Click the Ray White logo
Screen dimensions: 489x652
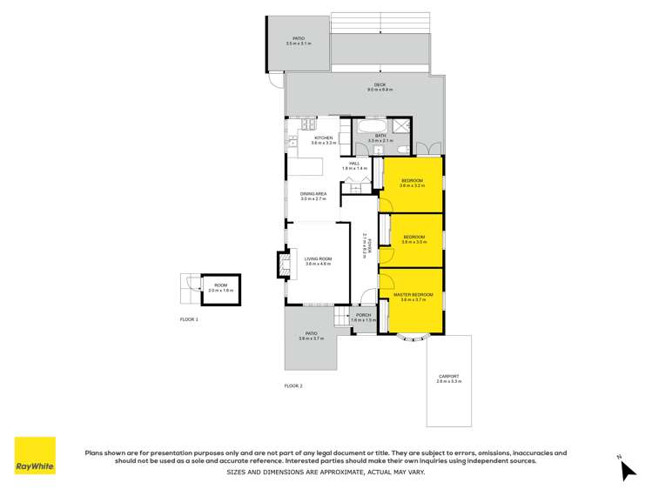click(35, 455)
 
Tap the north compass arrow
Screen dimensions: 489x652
click(628, 469)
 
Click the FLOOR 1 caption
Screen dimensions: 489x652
click(189, 320)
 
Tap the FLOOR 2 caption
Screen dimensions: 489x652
click(293, 385)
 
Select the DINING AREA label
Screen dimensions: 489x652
click(313, 196)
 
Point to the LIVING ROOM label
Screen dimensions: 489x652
click(318, 260)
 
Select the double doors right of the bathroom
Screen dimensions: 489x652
click(423, 147)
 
